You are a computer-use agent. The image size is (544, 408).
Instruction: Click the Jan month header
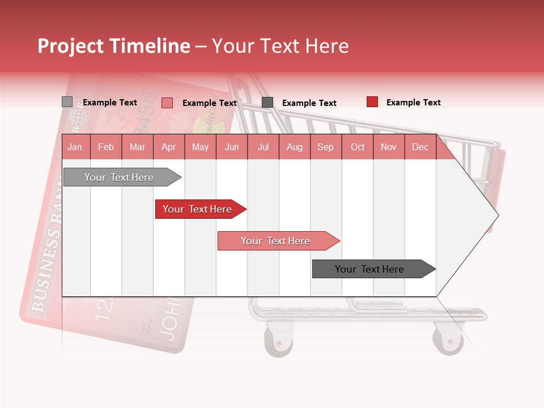pyautogui.click(x=75, y=147)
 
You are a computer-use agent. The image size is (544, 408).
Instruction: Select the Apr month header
pyautogui.click(x=168, y=147)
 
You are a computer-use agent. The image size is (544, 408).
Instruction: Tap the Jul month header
pyautogui.click(x=263, y=147)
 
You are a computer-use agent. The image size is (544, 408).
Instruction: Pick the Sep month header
pyautogui.click(x=325, y=147)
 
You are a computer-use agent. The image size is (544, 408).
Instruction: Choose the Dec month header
pyautogui.click(x=420, y=147)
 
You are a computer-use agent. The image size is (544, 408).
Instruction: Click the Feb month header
pyautogui.click(x=106, y=147)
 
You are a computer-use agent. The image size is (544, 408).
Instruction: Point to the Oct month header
pyautogui.click(x=358, y=147)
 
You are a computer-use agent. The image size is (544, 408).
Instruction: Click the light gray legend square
pyautogui.click(x=67, y=102)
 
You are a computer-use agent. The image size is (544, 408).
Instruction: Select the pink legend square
pyautogui.click(x=167, y=103)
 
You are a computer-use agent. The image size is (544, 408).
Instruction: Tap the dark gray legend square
pyautogui.click(x=267, y=103)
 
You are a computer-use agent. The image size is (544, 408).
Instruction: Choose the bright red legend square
pyautogui.click(x=372, y=102)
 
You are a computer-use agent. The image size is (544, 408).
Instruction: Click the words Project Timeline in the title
pyautogui.click(x=114, y=46)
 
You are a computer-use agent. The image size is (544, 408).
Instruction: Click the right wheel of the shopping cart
pyautogui.click(x=448, y=340)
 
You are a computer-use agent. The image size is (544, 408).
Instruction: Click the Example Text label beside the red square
pyautogui.click(x=413, y=103)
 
